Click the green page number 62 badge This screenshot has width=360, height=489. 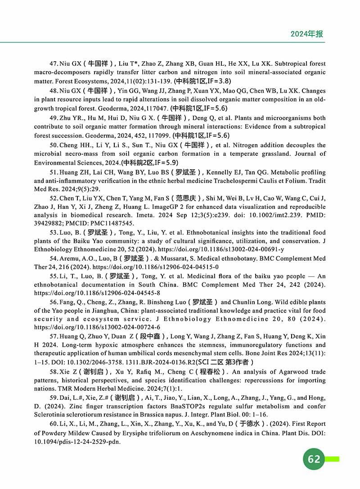pos(314,458)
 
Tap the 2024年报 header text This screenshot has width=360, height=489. pos(307,34)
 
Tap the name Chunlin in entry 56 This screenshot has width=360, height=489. pos(253,302)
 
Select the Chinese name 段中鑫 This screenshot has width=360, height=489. pos(149,336)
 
